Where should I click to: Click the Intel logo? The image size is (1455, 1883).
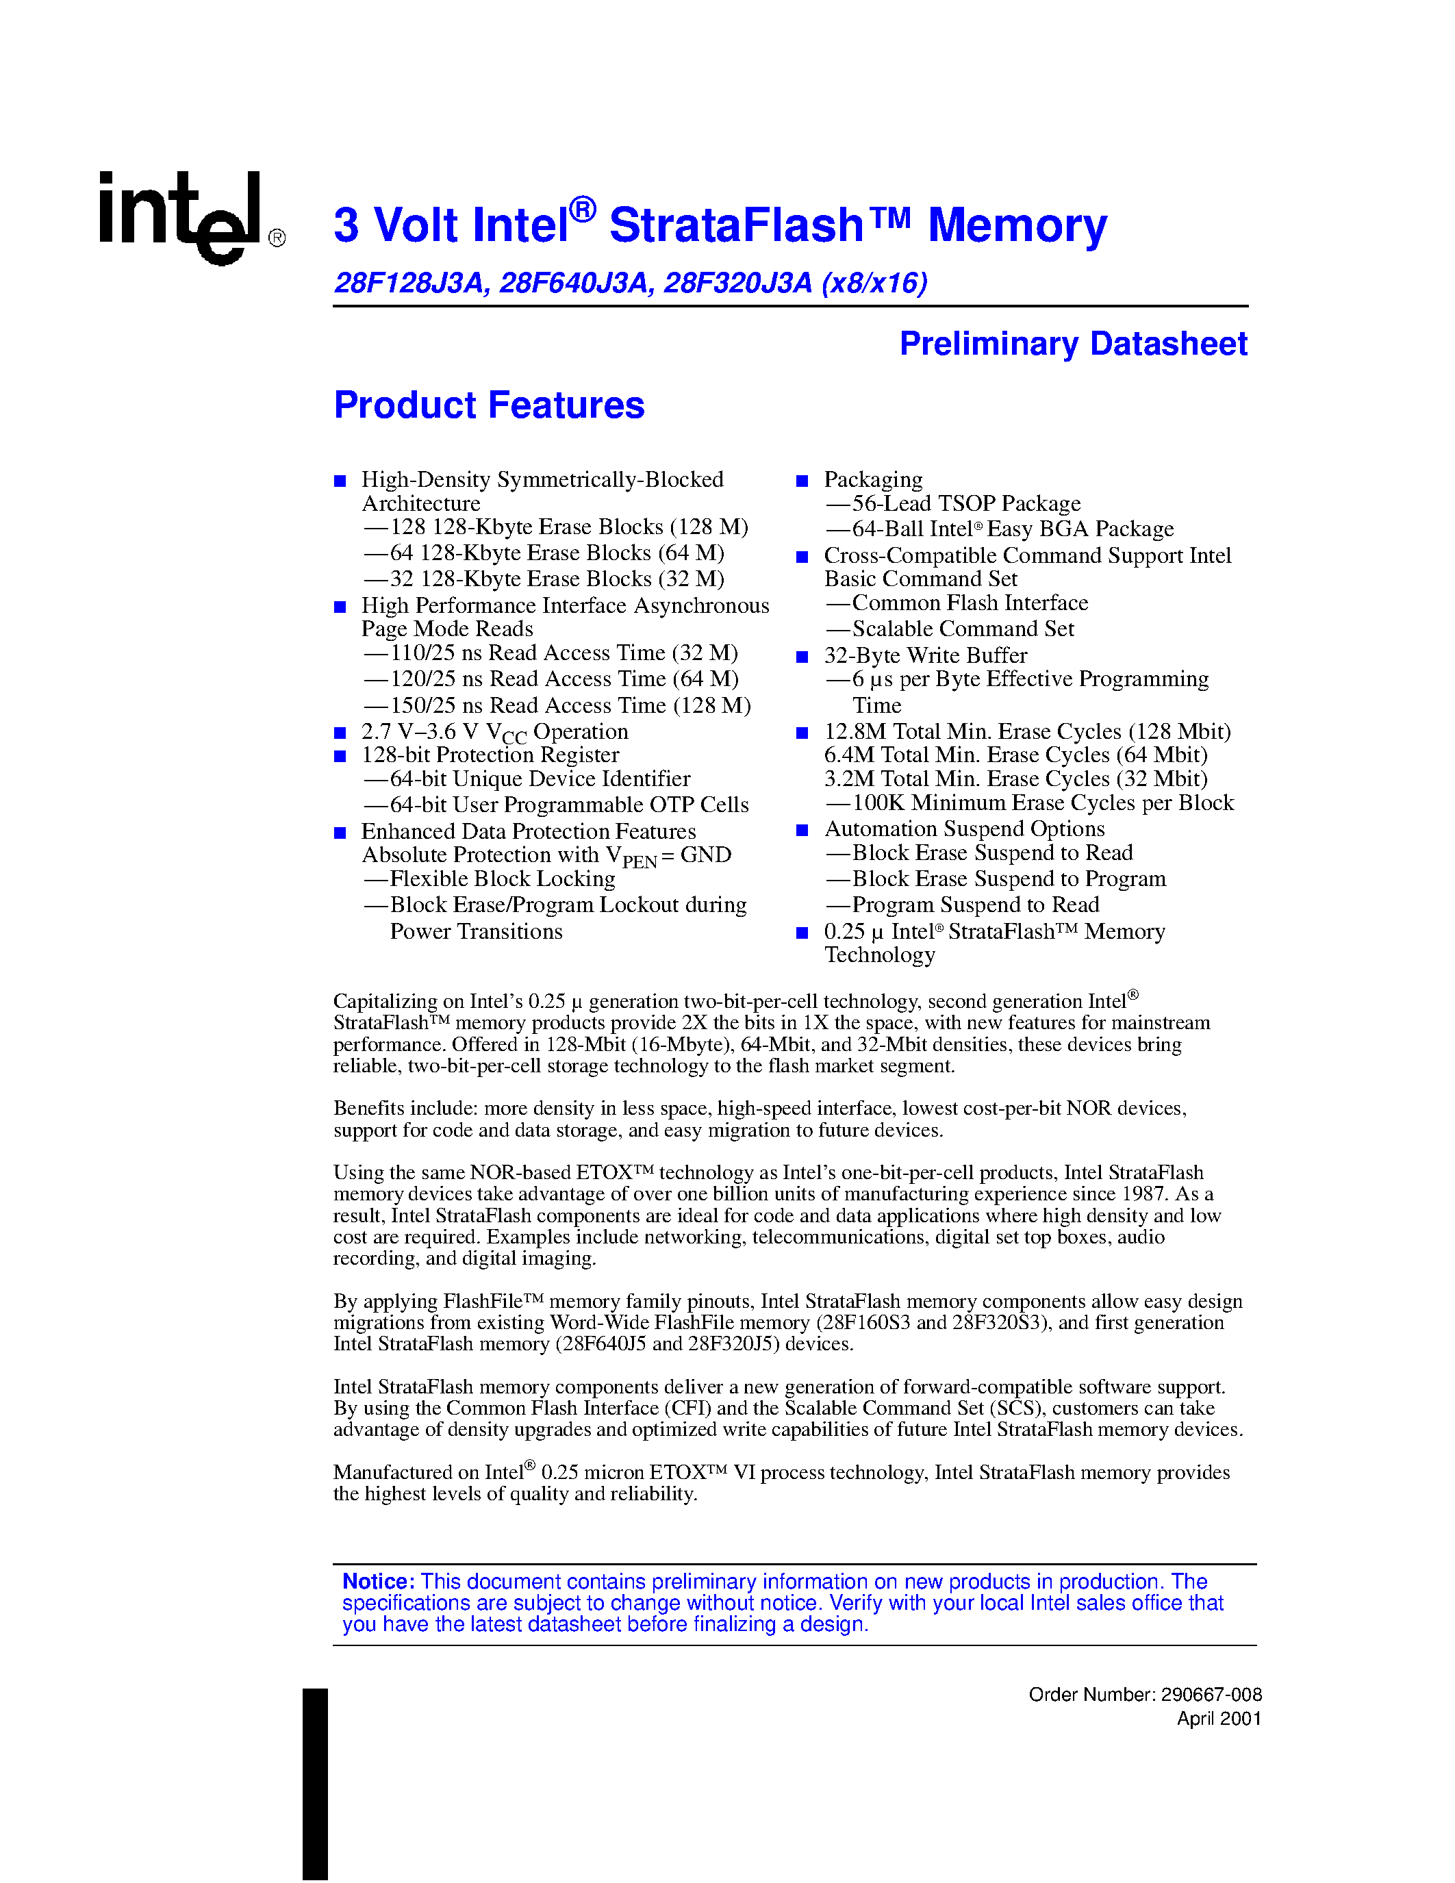coord(181,217)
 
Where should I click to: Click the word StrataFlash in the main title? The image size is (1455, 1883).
coord(735,226)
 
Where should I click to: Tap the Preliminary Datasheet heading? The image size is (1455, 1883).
coord(1072,343)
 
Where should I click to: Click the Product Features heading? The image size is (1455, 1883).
coord(489,405)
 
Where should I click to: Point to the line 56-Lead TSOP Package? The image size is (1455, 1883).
coord(965,503)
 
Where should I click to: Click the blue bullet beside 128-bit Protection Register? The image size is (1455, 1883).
coord(340,756)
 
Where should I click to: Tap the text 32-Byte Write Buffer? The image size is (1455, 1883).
coord(925,655)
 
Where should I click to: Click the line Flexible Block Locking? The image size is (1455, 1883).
coord(502,879)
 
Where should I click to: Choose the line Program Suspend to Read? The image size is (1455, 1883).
coord(974,905)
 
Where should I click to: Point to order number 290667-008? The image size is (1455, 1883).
coord(1211,1694)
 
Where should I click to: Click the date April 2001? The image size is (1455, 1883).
coord(1218,1719)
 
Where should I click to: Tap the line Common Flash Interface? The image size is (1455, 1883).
coord(969,603)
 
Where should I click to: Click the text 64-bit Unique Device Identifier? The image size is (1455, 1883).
coord(539,779)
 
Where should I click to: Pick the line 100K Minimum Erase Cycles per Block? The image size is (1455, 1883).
coord(1042,803)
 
